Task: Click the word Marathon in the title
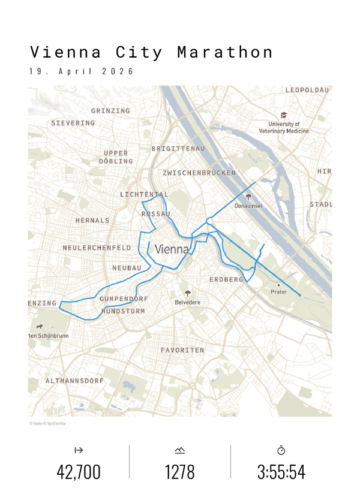coord(225,52)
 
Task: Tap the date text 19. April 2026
coord(81,71)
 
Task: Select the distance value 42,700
coord(79,472)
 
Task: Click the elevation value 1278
coord(180,472)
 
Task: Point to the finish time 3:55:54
coord(281,472)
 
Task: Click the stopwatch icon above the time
coord(281,450)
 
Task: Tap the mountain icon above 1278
coord(180,450)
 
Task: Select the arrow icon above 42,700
coord(79,450)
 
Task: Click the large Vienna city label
coord(172,249)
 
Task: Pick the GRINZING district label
coord(110,111)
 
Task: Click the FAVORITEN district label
coord(182,350)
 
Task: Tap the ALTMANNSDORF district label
coord(75,381)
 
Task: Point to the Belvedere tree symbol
coord(188,293)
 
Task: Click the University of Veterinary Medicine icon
coord(284,115)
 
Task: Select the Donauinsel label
coord(248,206)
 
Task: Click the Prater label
coord(279,293)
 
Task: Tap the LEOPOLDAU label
coord(307,90)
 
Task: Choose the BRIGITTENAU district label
coord(179,148)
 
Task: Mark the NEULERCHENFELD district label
coord(97,248)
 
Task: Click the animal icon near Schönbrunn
coord(40,327)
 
